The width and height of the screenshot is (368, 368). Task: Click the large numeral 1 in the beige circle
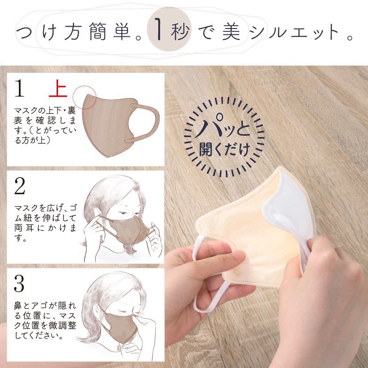point(158,29)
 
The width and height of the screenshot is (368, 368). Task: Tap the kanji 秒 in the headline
point(180,31)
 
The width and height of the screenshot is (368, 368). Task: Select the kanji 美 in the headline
point(231,31)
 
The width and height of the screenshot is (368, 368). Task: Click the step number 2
point(19,186)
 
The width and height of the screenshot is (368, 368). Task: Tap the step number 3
point(19,283)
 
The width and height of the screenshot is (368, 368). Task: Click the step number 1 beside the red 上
point(19,88)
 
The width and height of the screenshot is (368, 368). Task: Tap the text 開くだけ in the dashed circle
point(224,149)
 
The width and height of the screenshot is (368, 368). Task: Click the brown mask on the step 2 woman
point(131,229)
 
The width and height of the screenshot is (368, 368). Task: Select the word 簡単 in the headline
point(110,31)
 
